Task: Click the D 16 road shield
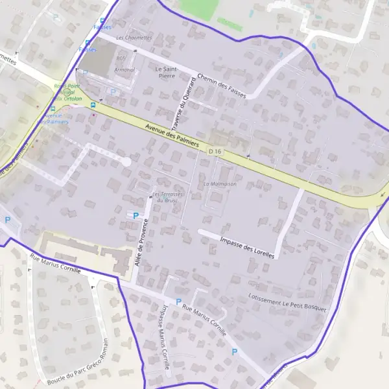point(215,151)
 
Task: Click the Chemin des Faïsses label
point(221,84)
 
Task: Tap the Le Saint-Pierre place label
point(167,71)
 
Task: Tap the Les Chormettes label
point(134,38)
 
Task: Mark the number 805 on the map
point(121,59)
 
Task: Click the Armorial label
point(124,69)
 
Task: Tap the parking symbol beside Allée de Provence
point(136,216)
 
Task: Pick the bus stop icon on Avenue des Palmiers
point(93,104)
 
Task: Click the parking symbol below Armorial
point(115,92)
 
